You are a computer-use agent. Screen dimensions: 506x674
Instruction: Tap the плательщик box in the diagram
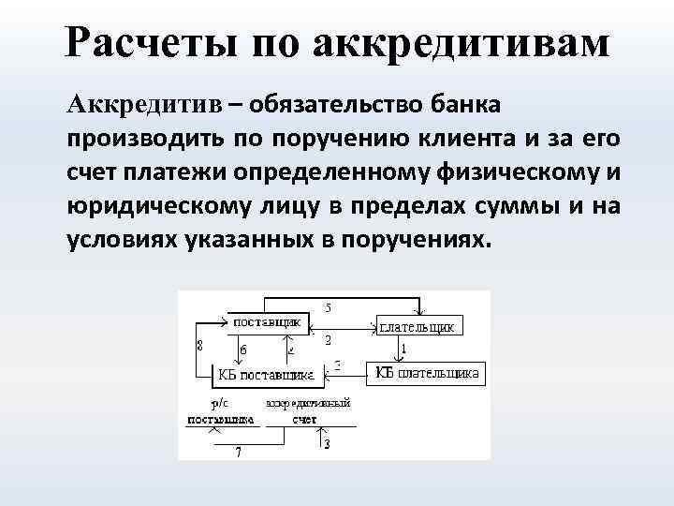point(418,327)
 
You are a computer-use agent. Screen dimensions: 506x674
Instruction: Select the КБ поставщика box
point(265,375)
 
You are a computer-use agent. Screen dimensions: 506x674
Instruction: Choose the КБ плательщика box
point(427,374)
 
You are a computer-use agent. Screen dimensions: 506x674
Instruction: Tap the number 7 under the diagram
point(238,453)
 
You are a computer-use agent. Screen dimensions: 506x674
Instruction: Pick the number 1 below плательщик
point(403,348)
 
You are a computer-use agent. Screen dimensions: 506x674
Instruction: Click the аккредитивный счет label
point(308,410)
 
